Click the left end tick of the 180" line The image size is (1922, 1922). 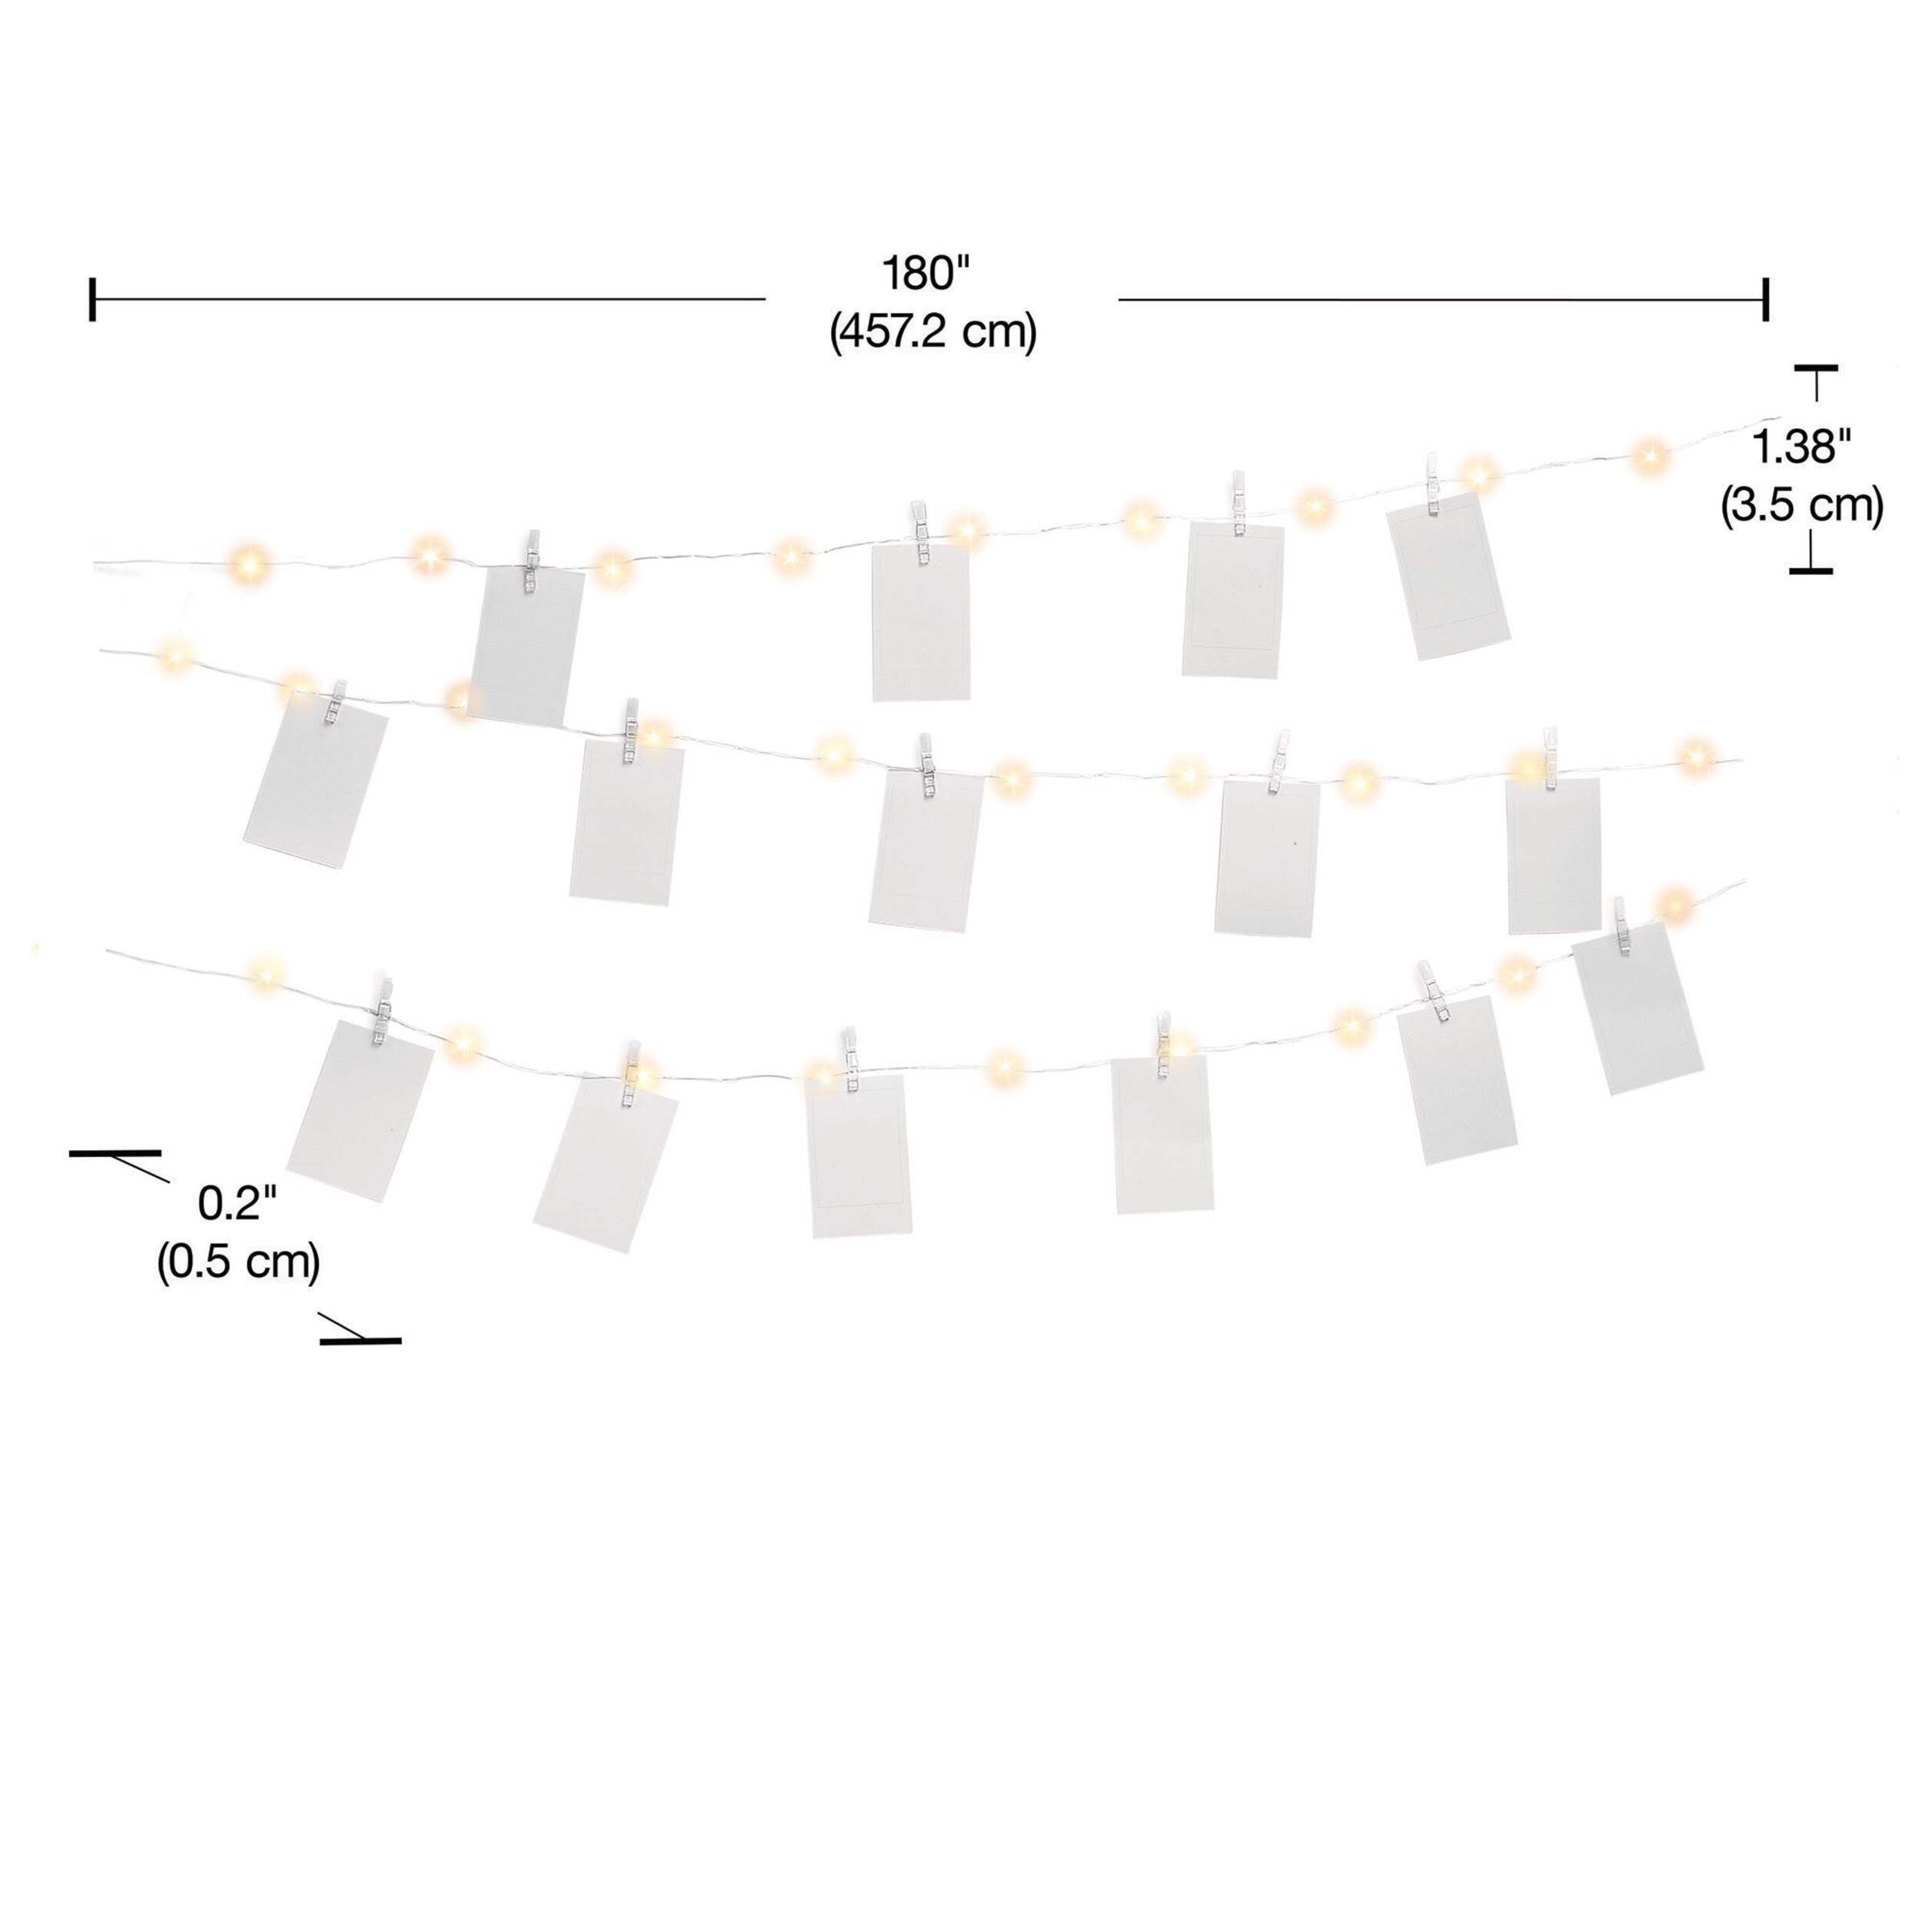[x=92, y=299]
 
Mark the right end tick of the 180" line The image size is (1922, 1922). [x=1766, y=299]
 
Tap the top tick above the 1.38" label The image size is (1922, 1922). [x=1816, y=369]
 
